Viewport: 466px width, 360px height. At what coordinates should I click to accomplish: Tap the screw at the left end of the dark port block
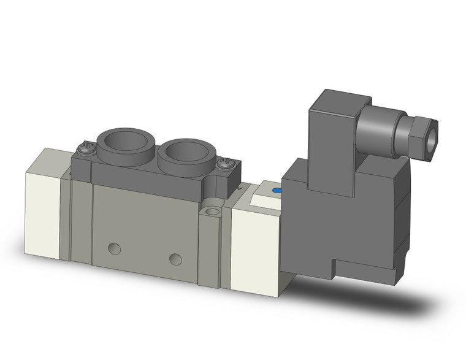coord(86,147)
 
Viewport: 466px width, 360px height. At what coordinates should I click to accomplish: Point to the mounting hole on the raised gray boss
coord(213,212)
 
